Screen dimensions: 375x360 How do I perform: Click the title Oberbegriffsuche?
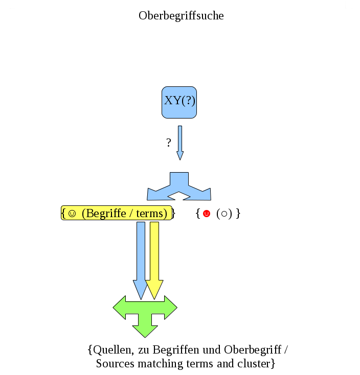click(181, 16)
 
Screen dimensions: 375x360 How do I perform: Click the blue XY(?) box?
click(179, 102)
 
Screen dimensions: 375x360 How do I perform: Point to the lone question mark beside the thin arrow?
click(169, 143)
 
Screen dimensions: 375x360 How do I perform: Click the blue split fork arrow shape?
click(179, 187)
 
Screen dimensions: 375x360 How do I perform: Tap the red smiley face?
click(207, 214)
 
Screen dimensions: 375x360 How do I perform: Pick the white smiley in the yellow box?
click(72, 214)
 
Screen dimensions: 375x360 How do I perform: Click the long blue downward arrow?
click(140, 258)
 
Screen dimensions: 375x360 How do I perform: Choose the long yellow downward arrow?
click(154, 258)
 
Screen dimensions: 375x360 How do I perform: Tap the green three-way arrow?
click(145, 313)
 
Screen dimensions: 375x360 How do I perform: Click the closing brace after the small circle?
click(238, 214)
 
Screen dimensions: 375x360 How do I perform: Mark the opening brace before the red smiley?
click(198, 214)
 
